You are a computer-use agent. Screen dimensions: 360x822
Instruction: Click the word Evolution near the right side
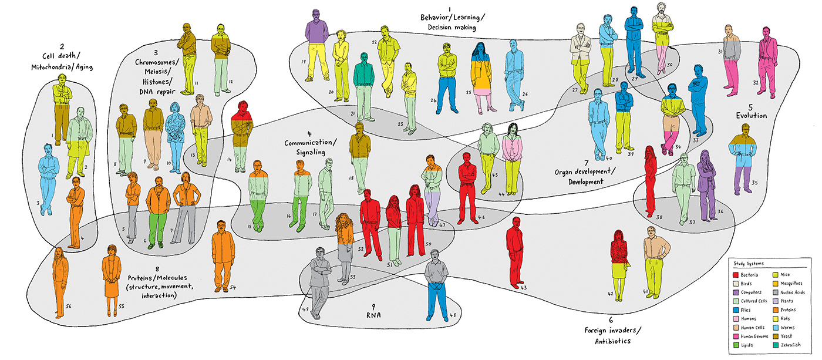click(752, 116)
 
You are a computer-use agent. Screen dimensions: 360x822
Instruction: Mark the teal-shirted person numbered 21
click(364, 82)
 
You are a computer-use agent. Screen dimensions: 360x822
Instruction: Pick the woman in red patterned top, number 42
click(619, 258)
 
